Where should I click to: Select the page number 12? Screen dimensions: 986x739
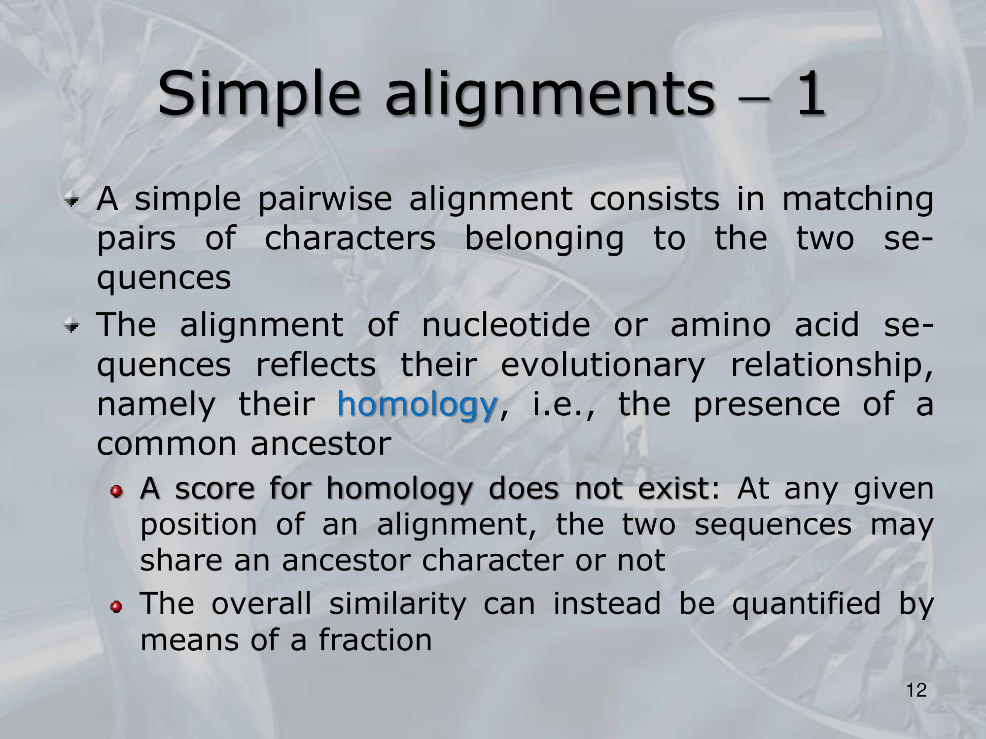(x=916, y=690)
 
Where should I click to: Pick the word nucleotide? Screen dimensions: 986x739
(x=506, y=325)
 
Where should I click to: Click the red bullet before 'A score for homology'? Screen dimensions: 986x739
(x=116, y=490)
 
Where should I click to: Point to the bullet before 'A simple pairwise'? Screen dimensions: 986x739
(x=73, y=200)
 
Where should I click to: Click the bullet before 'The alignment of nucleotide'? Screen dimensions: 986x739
(x=73, y=325)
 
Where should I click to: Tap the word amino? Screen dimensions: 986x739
(x=720, y=325)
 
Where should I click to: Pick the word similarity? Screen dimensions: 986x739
(x=397, y=605)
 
